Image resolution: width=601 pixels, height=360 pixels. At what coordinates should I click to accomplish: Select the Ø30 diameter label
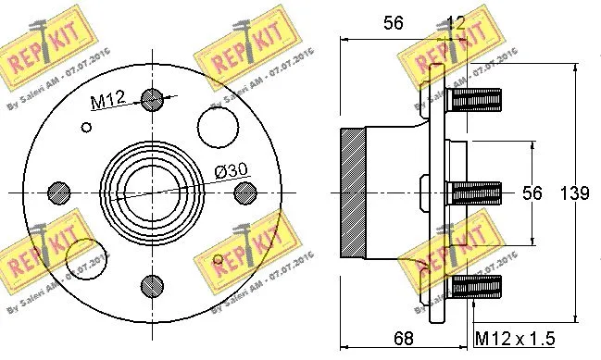(x=232, y=170)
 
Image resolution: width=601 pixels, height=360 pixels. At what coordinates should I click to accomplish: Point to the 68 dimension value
(x=404, y=339)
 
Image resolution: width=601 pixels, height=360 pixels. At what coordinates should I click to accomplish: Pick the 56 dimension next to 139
(x=531, y=192)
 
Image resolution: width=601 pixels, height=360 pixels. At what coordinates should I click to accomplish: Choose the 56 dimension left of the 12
(x=394, y=23)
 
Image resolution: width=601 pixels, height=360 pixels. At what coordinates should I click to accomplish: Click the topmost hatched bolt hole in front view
(x=153, y=100)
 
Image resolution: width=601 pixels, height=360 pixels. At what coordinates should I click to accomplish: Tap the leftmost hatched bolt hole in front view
(x=59, y=192)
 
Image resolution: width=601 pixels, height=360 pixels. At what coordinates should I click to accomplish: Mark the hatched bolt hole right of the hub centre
(x=244, y=192)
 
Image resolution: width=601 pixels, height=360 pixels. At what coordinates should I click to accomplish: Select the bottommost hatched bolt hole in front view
(x=153, y=284)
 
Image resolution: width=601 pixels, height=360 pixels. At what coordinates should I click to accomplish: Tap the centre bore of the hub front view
(x=153, y=192)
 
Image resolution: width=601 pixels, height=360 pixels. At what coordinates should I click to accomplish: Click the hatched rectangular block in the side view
(x=355, y=192)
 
